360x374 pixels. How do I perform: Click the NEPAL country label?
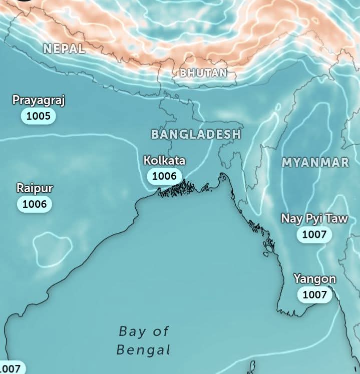64,49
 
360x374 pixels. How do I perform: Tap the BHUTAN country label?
203,73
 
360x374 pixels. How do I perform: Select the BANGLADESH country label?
196,134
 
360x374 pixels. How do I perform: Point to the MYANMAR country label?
315,163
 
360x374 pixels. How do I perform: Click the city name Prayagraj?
39,100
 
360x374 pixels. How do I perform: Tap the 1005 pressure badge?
39,116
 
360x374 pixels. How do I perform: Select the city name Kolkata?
164,161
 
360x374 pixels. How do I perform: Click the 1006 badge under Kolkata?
164,176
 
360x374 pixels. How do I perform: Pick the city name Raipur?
35,188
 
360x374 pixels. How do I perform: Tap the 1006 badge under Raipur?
35,204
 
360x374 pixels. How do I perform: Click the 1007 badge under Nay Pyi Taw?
314,234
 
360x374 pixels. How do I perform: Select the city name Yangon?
314,279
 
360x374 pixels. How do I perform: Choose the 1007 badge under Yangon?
314,294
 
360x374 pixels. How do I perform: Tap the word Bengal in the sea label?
144,349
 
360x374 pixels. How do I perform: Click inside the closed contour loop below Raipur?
52,248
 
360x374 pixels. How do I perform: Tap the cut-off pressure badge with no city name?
10,368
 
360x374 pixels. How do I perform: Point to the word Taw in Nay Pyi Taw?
337,219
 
